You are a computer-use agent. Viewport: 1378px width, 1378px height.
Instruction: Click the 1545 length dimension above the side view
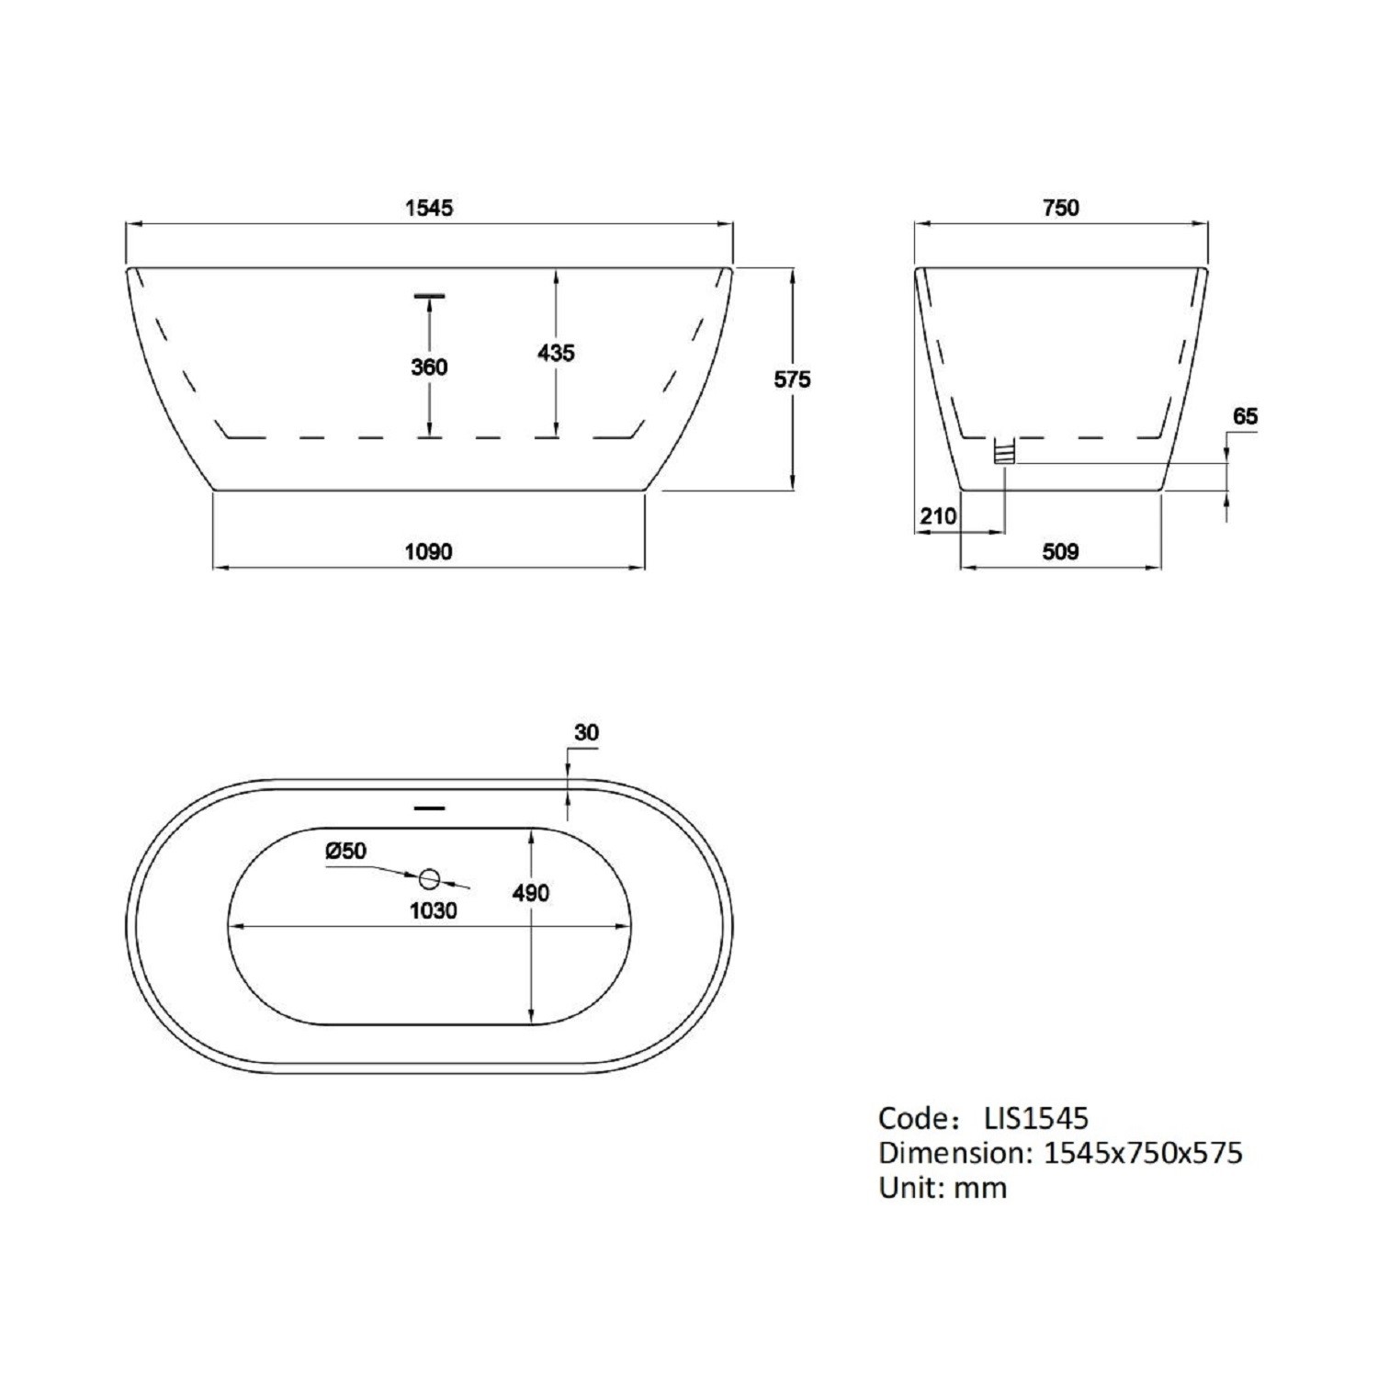coord(429,208)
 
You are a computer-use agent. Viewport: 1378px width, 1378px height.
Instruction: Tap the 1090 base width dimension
coord(429,551)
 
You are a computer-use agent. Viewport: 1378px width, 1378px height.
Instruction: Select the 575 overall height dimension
coord(792,378)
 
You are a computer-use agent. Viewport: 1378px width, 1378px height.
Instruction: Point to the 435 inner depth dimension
coord(556,353)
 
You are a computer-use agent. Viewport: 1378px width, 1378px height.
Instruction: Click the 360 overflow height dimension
coord(429,367)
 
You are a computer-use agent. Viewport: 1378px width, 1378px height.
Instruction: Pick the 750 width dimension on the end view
coord(1061,208)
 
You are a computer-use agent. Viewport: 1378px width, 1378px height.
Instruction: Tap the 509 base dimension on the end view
coord(1061,551)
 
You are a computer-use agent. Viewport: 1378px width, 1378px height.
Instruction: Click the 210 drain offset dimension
coord(938,516)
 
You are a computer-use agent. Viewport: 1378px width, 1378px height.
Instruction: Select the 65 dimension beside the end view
coord(1245,416)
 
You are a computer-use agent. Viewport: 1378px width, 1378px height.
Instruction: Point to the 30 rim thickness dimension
coord(586,732)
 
